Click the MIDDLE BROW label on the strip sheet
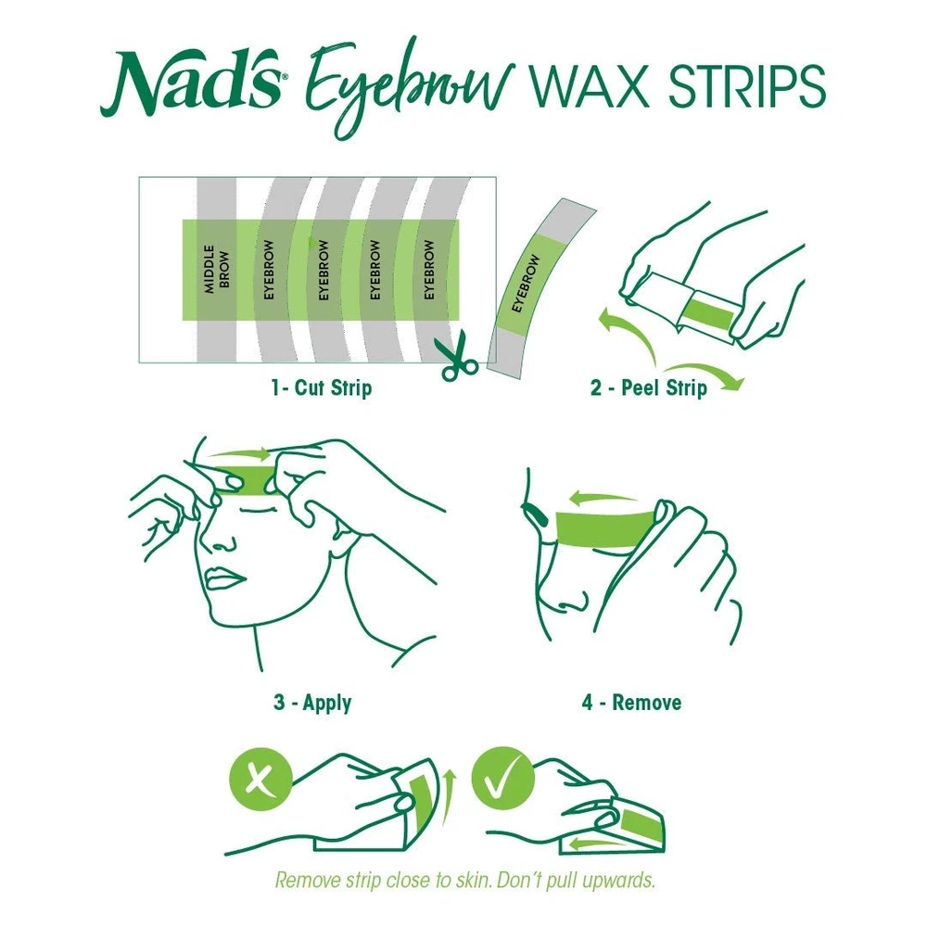click(x=216, y=269)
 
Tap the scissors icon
click(x=456, y=356)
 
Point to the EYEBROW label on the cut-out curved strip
click(x=526, y=283)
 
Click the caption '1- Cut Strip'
click(x=321, y=388)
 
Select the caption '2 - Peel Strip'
click(x=649, y=388)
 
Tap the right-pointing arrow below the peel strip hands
click(x=706, y=373)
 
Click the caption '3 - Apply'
click(x=312, y=703)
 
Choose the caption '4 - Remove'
click(x=631, y=703)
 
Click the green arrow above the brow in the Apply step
click(x=239, y=454)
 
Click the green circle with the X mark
click(x=260, y=779)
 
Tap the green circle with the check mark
click(x=503, y=778)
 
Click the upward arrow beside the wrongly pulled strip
click(x=449, y=797)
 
